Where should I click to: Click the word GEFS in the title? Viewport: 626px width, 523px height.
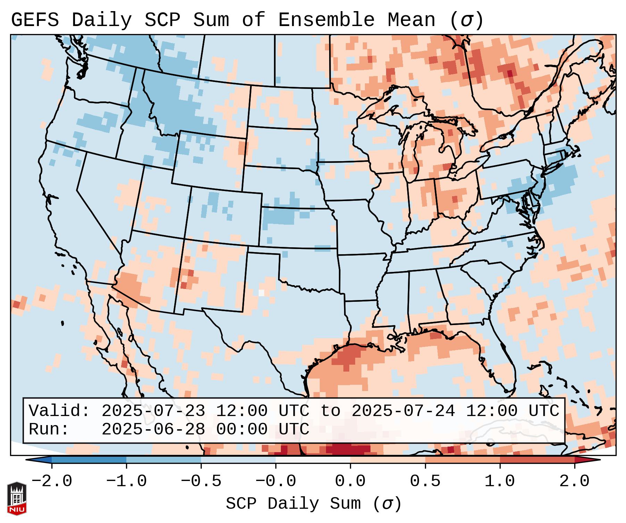[35, 20]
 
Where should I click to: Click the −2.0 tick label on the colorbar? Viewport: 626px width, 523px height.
[52, 481]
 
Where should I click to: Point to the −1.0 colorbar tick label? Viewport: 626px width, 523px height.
[126, 481]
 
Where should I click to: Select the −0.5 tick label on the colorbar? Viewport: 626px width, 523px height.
[201, 481]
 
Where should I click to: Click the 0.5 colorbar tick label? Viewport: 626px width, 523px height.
[425, 481]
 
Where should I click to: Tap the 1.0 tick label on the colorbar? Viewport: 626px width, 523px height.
[500, 481]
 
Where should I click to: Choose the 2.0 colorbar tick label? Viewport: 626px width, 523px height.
[575, 481]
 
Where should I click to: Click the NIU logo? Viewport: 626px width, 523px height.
[17, 498]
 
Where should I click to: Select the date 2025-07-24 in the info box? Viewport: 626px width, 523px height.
[403, 411]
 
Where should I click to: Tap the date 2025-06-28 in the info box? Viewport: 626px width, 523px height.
[153, 429]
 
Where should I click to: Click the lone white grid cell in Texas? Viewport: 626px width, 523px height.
[261, 292]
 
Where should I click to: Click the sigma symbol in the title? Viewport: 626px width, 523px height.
[466, 20]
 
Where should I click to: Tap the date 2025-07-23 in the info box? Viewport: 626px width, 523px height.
[153, 411]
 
